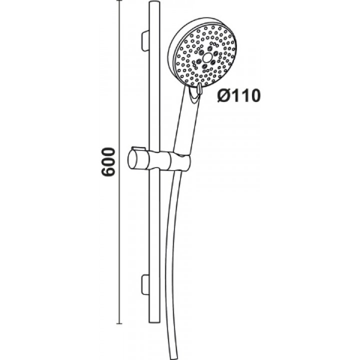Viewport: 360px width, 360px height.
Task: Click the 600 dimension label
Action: [x=108, y=162]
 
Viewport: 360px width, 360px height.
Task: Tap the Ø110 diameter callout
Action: [x=239, y=95]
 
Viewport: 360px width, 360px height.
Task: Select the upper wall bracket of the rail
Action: [x=145, y=41]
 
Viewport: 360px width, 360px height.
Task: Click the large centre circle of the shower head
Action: [x=207, y=57]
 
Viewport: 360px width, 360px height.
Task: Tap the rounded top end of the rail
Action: [x=154, y=3]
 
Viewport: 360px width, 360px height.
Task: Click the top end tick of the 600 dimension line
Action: [x=119, y=0]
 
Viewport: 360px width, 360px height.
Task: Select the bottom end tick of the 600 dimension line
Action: [x=119, y=323]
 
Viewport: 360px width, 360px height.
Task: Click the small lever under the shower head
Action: [x=199, y=89]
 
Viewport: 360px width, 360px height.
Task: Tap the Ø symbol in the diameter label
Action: [x=223, y=95]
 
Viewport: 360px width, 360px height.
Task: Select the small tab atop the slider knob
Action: [x=138, y=148]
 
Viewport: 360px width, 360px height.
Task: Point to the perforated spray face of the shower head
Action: [x=205, y=56]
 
